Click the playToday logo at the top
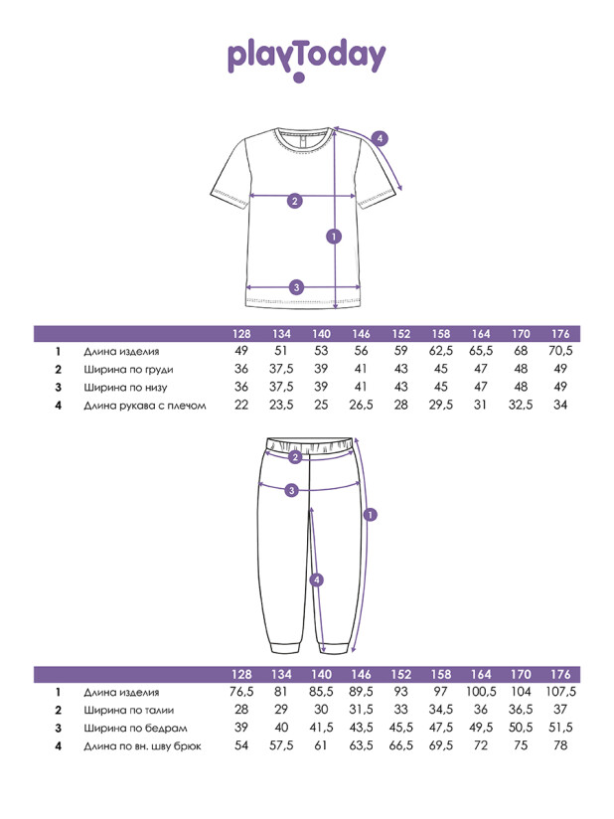pyautogui.click(x=307, y=57)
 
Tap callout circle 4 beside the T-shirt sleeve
pyautogui.click(x=380, y=138)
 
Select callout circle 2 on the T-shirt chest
pyautogui.click(x=294, y=201)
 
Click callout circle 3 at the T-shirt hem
pyautogui.click(x=296, y=287)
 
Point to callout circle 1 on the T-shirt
pyautogui.click(x=334, y=236)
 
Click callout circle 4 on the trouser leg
pyautogui.click(x=316, y=579)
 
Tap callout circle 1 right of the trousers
pyautogui.click(x=371, y=515)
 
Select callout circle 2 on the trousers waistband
pyautogui.click(x=295, y=457)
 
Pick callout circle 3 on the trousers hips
pyautogui.click(x=291, y=490)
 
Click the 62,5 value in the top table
pyautogui.click(x=440, y=351)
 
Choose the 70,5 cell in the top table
pyautogui.click(x=560, y=351)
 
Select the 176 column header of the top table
pyautogui.click(x=559, y=333)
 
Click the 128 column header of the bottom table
pyautogui.click(x=241, y=674)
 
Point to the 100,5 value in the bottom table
pyautogui.click(x=482, y=692)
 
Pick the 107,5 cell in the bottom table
pyautogui.click(x=560, y=692)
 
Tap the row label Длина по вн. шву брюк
pyautogui.click(x=142, y=745)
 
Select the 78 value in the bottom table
pyautogui.click(x=560, y=745)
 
